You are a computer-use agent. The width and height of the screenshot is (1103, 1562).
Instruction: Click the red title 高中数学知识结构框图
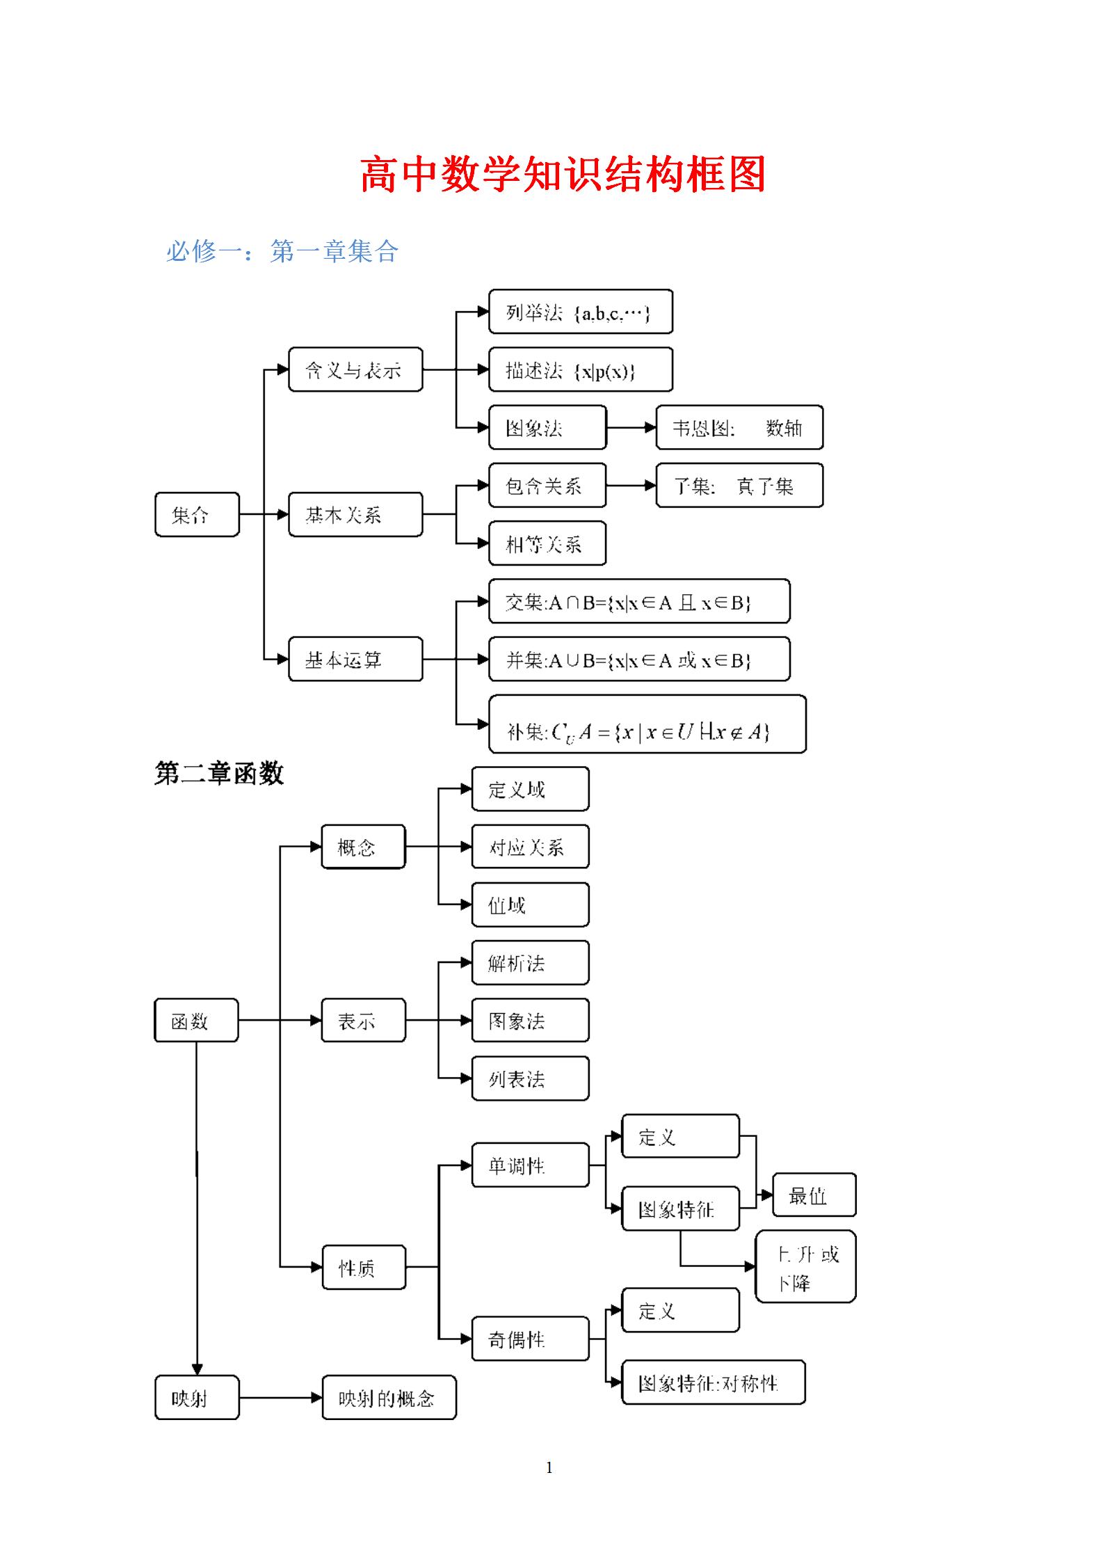click(x=563, y=174)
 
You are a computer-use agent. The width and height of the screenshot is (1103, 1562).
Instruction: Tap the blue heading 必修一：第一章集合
click(x=282, y=251)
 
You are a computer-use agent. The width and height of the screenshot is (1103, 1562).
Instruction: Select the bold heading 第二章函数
click(x=219, y=773)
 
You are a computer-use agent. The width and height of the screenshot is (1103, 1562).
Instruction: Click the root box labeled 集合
click(x=197, y=515)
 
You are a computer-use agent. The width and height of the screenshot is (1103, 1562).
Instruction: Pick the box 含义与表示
click(x=355, y=369)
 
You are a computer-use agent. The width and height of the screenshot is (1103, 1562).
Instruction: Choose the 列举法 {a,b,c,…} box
click(x=580, y=312)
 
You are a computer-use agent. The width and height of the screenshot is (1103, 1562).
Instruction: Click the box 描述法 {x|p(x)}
click(x=580, y=370)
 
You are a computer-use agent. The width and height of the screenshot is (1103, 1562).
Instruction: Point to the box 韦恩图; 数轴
click(x=739, y=428)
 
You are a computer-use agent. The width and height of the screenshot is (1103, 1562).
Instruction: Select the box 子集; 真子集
click(x=739, y=486)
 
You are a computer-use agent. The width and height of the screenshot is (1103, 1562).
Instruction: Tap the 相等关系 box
click(x=547, y=543)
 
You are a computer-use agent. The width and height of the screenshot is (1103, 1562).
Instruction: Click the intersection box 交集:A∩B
click(x=638, y=602)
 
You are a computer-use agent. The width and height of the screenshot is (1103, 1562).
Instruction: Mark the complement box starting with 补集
click(x=647, y=724)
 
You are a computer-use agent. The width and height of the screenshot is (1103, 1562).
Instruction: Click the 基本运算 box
click(x=355, y=659)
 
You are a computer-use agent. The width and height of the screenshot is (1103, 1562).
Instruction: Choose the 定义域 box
click(x=530, y=789)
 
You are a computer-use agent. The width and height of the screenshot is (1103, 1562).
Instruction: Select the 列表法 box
click(x=530, y=1078)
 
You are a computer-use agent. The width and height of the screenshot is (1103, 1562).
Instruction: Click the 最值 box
click(x=814, y=1195)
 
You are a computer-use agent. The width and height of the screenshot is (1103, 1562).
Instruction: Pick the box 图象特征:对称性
click(x=713, y=1382)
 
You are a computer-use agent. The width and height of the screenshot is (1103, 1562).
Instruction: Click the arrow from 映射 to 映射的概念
click(x=280, y=1397)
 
